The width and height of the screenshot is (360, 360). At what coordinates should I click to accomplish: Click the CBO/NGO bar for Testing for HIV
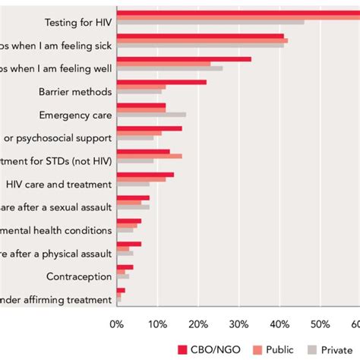coord(235,12)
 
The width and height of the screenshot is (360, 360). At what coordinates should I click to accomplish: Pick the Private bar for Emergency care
coord(152,115)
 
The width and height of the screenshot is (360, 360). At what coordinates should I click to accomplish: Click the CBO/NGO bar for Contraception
coord(125,267)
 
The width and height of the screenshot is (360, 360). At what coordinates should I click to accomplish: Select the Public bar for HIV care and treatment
coord(141,179)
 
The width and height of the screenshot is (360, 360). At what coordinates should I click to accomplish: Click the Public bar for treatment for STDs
coord(150,156)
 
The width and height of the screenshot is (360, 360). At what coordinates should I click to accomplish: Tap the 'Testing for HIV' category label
coord(78,22)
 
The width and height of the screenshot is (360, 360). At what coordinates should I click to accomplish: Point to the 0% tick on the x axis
coord(117,324)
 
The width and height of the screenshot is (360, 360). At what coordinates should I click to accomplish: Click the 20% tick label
coord(198,324)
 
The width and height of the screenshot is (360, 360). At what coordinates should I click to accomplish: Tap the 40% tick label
coord(279,324)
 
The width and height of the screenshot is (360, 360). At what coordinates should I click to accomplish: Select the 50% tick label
coord(320,324)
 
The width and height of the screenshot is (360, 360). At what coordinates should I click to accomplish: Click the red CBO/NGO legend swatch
coord(182,349)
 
